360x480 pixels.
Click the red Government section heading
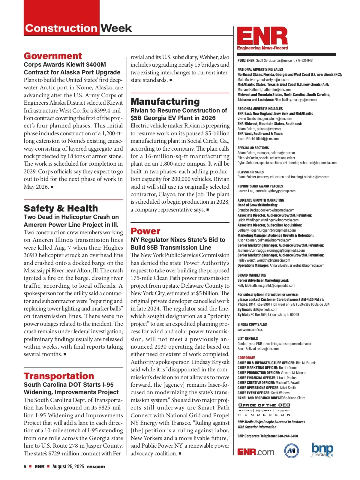53,56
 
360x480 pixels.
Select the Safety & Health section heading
61,208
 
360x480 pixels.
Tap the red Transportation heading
59,376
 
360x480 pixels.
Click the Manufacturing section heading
165,101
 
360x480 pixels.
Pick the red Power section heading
145,231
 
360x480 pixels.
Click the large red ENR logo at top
262,37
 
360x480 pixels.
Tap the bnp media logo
322,450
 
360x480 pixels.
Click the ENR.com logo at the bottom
256,452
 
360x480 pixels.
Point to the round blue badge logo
292,451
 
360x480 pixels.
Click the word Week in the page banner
116,28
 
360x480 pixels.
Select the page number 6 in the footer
25,466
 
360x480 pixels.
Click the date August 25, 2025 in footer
68,466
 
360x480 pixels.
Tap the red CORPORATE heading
246,358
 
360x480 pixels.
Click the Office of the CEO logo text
264,405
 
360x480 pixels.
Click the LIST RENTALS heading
247,338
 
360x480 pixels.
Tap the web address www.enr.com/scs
250,329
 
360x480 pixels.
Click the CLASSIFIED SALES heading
250,172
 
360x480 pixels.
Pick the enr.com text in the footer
96,466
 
